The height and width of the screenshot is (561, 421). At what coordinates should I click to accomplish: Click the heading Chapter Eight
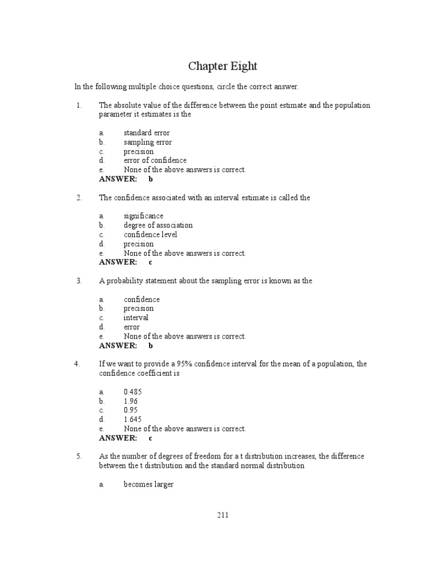223,66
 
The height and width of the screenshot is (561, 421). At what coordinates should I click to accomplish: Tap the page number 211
223,515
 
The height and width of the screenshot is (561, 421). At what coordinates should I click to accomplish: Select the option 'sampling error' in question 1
147,142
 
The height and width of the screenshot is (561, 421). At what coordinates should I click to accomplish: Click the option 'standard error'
146,133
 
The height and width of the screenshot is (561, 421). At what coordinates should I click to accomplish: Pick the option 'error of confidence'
155,161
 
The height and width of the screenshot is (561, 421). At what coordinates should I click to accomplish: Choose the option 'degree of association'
158,225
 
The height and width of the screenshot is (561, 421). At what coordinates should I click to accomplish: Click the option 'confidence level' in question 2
150,234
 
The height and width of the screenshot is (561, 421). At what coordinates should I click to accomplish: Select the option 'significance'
143,216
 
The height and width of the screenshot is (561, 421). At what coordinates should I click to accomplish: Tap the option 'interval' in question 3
135,318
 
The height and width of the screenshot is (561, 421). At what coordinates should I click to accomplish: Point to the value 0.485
133,392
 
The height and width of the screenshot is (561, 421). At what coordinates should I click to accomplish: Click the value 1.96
131,401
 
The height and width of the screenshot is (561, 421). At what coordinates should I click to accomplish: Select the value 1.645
133,420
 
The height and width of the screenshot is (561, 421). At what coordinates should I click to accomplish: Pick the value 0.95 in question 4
131,410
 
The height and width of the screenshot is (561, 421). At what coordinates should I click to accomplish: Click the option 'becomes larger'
149,484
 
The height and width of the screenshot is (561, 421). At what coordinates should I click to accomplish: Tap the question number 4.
77,364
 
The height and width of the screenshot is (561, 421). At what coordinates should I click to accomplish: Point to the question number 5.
79,456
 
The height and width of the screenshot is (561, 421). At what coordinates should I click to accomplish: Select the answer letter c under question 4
150,438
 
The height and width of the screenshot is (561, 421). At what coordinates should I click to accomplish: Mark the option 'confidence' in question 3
141,299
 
